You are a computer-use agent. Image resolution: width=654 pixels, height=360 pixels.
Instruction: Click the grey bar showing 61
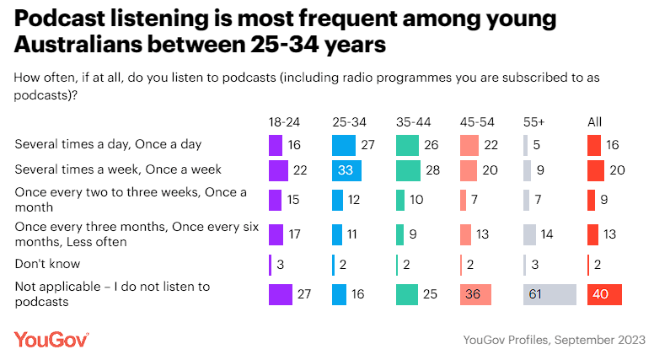tap(549, 294)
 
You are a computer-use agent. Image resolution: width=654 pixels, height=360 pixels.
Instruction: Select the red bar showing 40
tap(604, 294)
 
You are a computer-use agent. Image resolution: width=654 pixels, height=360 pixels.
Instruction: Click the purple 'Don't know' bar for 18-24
tap(270, 265)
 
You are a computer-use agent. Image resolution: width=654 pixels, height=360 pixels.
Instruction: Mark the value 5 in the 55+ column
tap(537, 145)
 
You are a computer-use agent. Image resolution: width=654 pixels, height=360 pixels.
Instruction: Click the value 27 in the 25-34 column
tap(367, 145)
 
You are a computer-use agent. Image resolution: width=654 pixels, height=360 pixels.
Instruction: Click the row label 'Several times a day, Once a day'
tap(108, 144)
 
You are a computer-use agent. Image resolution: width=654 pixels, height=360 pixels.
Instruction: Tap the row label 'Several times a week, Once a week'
tap(118, 170)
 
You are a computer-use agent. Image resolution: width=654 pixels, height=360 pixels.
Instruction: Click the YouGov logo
tap(51, 339)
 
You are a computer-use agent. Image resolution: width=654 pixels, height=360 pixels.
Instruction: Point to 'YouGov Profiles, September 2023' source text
tap(554, 339)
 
